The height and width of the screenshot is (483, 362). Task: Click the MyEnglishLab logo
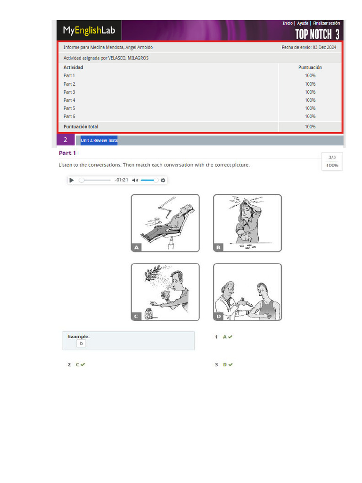(x=89, y=30)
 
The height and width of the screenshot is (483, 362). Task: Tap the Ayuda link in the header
(x=303, y=23)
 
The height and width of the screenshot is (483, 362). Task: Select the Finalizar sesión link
(x=326, y=23)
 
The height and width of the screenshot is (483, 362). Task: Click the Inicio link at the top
(x=288, y=23)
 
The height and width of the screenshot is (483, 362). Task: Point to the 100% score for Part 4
(x=310, y=100)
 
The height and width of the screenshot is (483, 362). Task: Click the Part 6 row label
(x=69, y=116)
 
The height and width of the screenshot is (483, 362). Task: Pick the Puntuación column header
(x=310, y=67)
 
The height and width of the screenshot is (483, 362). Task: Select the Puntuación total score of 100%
(x=310, y=126)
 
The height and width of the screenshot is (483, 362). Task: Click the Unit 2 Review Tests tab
(x=99, y=140)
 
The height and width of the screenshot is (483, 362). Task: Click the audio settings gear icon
(x=163, y=180)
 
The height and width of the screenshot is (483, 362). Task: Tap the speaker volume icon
(x=135, y=180)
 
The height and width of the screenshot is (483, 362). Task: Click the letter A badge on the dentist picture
(x=136, y=247)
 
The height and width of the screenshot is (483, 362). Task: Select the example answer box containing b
(x=81, y=343)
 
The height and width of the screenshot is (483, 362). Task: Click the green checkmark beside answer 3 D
(x=230, y=365)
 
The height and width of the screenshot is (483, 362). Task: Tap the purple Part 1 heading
(x=67, y=153)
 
